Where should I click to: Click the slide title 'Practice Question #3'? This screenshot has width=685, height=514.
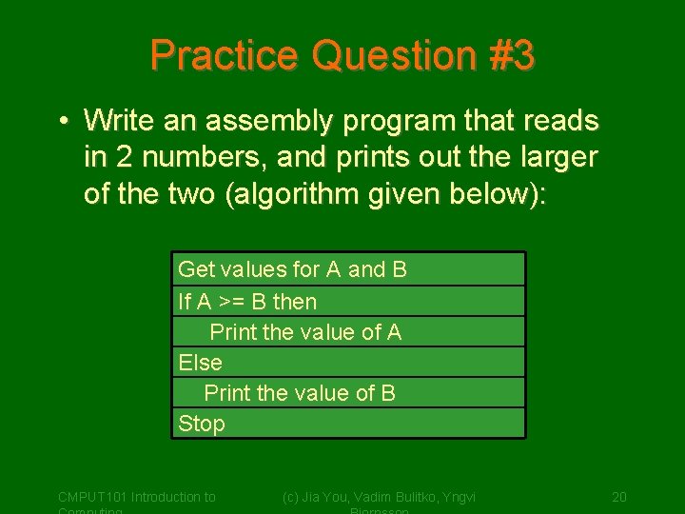click(x=342, y=55)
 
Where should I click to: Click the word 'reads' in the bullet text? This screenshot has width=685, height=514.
click(x=559, y=122)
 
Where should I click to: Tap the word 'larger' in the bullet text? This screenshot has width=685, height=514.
click(x=555, y=157)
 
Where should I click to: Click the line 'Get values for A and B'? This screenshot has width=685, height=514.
click(x=292, y=269)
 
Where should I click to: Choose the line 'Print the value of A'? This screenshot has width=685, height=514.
click(x=305, y=332)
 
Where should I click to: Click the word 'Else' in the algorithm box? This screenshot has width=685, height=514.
click(x=200, y=363)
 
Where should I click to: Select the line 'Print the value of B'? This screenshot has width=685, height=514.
click(x=300, y=393)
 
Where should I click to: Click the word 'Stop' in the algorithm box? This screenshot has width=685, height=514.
click(x=202, y=424)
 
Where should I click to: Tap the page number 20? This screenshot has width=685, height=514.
click(x=618, y=497)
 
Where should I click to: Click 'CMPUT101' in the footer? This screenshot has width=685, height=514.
click(x=92, y=497)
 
